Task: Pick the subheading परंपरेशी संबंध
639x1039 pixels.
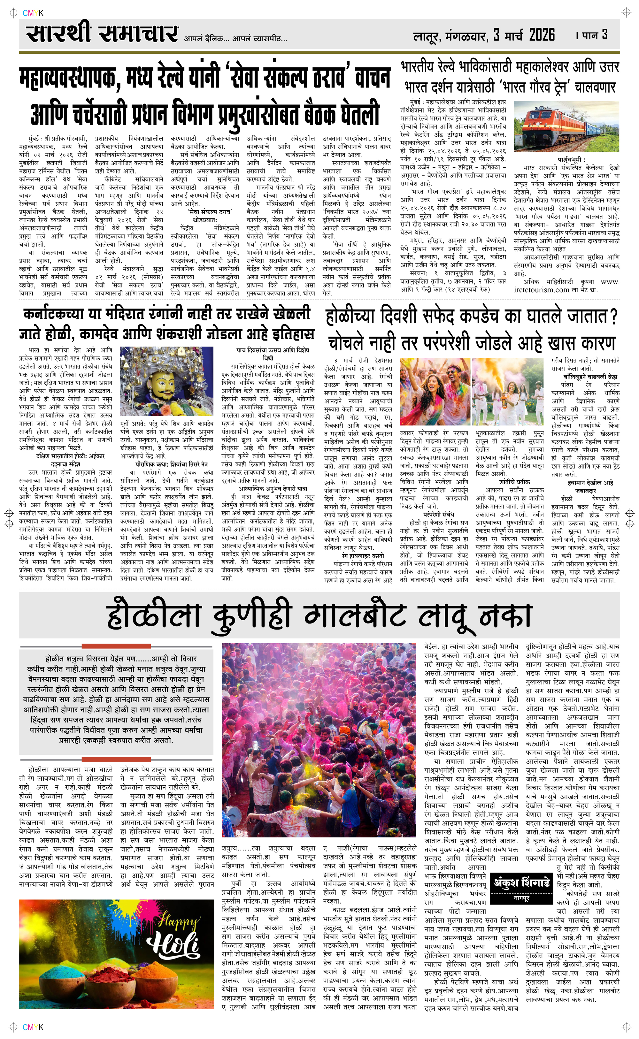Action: coord(439,515)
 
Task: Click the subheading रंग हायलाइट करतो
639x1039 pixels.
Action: coord(363,556)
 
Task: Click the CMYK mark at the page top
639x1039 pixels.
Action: coord(33,13)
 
